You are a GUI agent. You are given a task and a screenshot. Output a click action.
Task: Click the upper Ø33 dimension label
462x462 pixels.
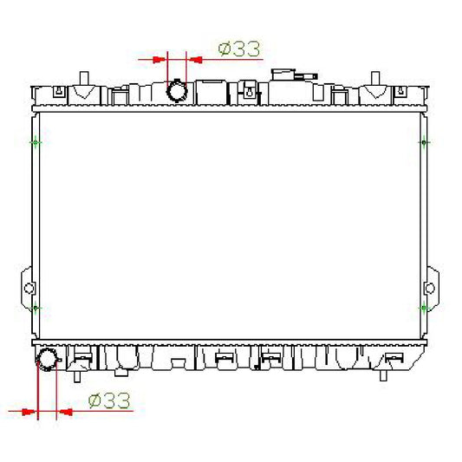[x=239, y=49]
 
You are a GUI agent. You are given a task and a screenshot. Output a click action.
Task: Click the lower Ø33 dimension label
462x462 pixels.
[x=109, y=400]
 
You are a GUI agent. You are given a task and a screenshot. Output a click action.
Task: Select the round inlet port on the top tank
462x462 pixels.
[x=177, y=90]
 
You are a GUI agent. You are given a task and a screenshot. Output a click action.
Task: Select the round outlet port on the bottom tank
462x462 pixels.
[x=47, y=360]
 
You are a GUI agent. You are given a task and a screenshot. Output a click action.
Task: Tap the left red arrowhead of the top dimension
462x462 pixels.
[x=159, y=60]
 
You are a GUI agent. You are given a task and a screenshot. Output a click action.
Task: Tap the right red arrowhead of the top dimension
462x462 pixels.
[x=196, y=60]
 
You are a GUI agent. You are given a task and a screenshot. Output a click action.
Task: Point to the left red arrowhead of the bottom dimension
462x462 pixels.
[x=29, y=412]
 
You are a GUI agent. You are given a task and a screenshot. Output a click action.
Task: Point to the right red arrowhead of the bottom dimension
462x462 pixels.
[x=65, y=412]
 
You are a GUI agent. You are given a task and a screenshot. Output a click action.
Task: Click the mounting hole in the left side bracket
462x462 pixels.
[x=29, y=288]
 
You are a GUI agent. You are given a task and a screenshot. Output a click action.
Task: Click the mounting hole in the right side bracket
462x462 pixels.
[x=430, y=288]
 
